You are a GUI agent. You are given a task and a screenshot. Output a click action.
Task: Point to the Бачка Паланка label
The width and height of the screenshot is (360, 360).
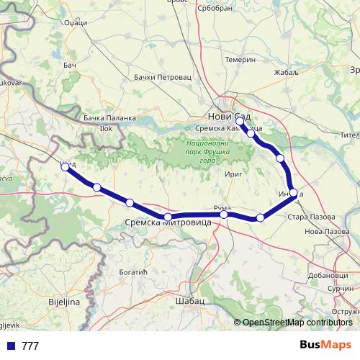pos(109,117)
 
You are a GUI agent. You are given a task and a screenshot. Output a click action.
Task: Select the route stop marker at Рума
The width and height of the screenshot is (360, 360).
pos(224,215)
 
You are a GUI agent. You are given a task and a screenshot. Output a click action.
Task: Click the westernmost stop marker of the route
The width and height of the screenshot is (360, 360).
pos(65,166)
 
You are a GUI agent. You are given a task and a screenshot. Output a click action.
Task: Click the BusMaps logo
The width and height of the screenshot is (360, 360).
pos(326,345)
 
